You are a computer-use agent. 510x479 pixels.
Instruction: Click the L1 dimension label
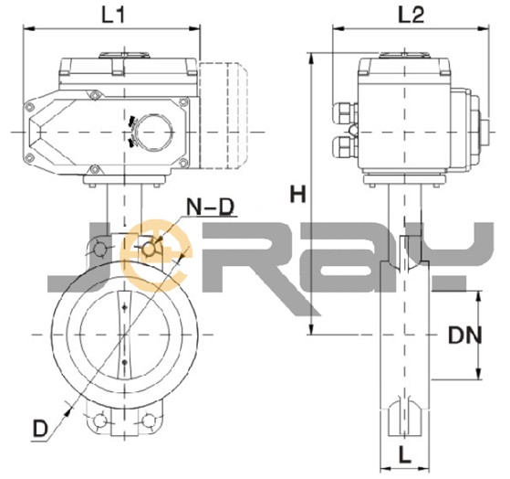[x=113, y=15]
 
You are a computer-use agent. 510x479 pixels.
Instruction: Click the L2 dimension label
[x=411, y=15]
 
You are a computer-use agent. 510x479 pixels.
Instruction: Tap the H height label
[x=298, y=194]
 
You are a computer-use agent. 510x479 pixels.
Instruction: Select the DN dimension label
[x=465, y=335]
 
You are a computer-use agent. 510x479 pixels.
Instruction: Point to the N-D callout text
[x=211, y=207]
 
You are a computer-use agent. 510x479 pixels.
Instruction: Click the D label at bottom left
[x=40, y=429]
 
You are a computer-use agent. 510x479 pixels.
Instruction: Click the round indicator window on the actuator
[x=153, y=133]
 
